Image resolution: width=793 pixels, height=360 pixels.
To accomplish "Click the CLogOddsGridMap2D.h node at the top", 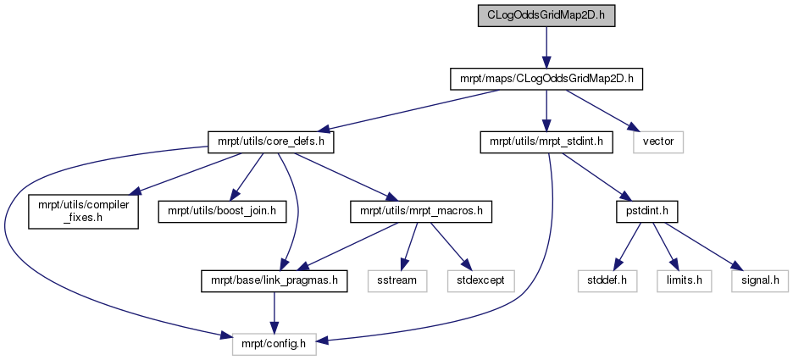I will click(546, 16).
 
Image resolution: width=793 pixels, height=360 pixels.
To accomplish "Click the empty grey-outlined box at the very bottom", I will click(274, 343).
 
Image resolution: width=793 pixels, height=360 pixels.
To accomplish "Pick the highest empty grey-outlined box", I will click(658, 142).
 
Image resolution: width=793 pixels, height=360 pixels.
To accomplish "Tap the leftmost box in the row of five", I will click(396, 281).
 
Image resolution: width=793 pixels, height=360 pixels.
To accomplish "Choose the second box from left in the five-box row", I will click(481, 281).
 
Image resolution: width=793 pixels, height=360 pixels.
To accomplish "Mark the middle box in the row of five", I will click(607, 281).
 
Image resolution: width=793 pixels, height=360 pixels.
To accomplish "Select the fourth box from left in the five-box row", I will click(684, 281).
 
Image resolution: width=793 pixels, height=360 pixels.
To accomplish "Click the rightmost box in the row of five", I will click(760, 281).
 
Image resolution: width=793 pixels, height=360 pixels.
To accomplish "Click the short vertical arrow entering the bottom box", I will click(274, 313).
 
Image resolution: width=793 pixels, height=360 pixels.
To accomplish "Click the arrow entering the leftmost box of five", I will click(409, 246).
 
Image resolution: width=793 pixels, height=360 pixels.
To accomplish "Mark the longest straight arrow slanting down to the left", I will click(407, 110).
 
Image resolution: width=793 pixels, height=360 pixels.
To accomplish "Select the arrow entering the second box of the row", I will click(449, 246).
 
